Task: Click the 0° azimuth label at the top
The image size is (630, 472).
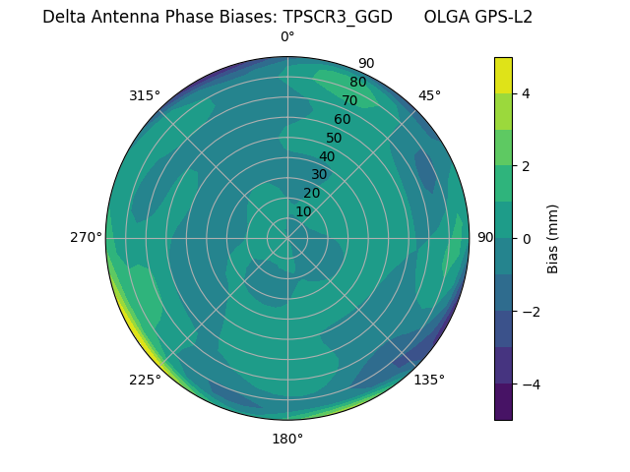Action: point(287,37)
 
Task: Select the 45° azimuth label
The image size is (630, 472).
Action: point(429,95)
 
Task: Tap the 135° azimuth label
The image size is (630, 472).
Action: point(429,380)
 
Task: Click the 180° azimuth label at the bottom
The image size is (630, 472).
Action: point(287,439)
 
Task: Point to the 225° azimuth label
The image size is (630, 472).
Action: point(145,380)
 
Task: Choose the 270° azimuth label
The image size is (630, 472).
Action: point(86,238)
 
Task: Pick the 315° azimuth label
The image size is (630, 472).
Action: point(145,95)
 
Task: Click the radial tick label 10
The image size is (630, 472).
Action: point(303,211)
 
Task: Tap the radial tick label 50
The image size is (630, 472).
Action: point(334,138)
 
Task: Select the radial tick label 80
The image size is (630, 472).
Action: point(357,83)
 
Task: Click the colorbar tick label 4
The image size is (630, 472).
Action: point(527,93)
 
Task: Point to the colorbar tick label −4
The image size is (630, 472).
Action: point(531,383)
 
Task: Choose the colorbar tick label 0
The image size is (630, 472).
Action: point(527,239)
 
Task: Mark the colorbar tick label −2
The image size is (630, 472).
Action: point(531,312)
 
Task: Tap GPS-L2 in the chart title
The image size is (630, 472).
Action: point(504,17)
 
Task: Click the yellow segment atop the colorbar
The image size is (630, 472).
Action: point(503,75)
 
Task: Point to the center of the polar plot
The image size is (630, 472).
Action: point(287,238)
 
